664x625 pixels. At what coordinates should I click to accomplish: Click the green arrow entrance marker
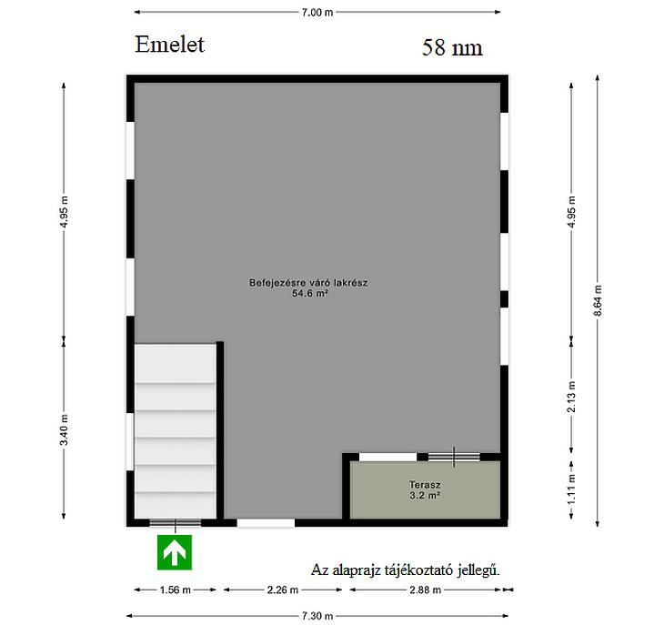pos(175,552)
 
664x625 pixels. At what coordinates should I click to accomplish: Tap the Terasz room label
pos(425,484)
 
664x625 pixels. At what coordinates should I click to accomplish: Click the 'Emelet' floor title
pos(169,45)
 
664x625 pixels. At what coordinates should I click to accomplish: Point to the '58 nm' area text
pos(452,47)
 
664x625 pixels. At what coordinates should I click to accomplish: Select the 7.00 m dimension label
pos(317,12)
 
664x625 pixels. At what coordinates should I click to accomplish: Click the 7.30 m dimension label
pos(317,616)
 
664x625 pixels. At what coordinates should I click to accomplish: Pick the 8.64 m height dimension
pos(598,300)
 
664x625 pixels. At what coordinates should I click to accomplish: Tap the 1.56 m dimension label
pos(176,590)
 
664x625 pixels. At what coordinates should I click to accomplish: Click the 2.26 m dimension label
pos(283,590)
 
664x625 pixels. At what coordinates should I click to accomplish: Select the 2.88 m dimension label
pos(425,590)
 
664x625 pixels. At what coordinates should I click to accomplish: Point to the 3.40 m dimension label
pos(64,429)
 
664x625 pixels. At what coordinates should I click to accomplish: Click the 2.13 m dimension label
pos(571,397)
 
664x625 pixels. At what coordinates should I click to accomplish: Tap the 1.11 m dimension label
pos(571,489)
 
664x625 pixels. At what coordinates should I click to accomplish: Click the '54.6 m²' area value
pos(310,293)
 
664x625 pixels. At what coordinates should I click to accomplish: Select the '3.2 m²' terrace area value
pos(425,495)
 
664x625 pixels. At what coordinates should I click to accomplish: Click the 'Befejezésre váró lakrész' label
pos(308,282)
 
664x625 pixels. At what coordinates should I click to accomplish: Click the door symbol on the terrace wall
pos(454,457)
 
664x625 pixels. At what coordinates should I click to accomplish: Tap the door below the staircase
pos(176,523)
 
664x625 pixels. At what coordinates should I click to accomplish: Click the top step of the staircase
pos(176,363)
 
